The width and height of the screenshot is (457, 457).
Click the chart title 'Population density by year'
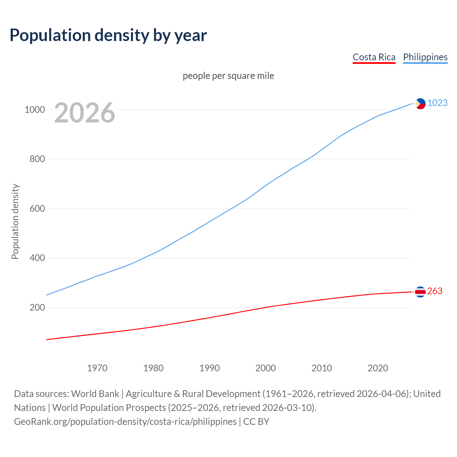pos(108,35)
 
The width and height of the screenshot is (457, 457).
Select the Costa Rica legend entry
pos(374,57)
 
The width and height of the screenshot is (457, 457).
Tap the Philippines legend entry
pos(425,57)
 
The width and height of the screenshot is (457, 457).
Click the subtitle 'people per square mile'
pos(228,76)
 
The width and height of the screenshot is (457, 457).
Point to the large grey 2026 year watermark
pos(85,113)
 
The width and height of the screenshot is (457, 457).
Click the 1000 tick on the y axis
pos(35,110)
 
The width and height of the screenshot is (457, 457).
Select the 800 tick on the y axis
pos(37,159)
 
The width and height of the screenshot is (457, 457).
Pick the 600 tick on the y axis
pos(37,209)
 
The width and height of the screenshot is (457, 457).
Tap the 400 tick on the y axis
pos(37,258)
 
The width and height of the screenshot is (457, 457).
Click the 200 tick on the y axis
pos(37,307)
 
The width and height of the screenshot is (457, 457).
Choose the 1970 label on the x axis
pos(97,368)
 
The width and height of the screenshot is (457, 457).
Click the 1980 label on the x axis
pos(153,368)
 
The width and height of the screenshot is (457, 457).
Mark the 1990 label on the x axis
pos(210,368)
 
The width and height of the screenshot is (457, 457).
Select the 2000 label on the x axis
pos(266,368)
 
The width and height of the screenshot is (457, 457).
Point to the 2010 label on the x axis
pos(322,368)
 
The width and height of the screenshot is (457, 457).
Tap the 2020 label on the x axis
pos(378,368)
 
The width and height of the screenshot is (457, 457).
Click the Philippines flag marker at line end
pos(420,104)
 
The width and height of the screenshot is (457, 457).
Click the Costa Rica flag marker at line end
pos(420,292)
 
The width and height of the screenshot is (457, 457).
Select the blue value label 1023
pos(437,103)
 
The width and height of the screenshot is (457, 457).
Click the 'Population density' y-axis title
pos(15,221)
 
